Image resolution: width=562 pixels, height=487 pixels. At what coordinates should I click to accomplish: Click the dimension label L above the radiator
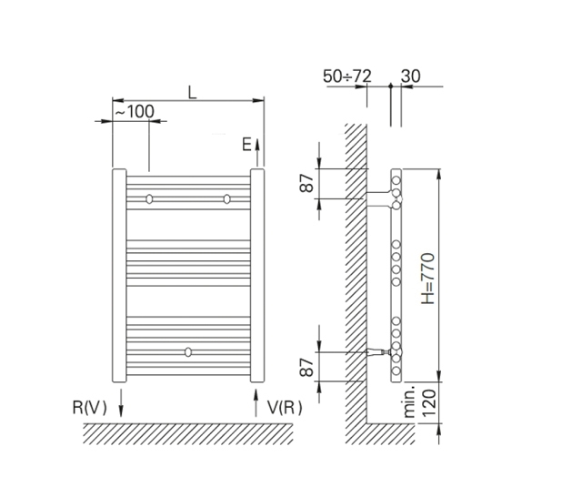click(193, 93)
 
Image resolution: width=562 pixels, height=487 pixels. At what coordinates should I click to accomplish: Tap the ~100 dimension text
click(135, 112)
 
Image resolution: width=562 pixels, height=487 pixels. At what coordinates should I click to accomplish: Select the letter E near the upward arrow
click(246, 145)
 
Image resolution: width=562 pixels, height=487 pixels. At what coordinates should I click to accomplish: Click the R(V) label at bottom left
click(90, 407)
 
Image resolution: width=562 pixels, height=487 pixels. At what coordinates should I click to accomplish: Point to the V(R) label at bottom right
click(285, 407)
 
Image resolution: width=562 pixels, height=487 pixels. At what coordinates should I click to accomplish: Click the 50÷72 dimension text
click(347, 76)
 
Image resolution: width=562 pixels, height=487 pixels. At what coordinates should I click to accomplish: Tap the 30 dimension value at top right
click(410, 76)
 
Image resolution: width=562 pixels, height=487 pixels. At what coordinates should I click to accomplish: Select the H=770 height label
click(428, 279)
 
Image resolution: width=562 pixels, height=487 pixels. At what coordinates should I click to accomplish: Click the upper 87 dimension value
click(306, 183)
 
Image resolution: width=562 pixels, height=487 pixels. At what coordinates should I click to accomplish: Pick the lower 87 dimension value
click(306, 367)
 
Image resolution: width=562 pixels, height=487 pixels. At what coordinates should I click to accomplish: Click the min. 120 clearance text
click(420, 402)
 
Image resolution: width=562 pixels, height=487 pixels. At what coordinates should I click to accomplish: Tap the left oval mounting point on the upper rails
click(149, 198)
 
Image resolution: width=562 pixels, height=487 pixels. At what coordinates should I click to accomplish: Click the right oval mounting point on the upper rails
click(226, 198)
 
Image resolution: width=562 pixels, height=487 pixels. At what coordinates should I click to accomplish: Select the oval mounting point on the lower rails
click(188, 352)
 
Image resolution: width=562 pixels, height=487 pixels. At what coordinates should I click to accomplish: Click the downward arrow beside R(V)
click(121, 403)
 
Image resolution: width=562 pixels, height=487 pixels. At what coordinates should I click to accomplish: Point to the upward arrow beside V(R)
click(256, 403)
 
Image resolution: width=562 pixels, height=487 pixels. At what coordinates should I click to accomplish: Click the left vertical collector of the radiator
click(119, 276)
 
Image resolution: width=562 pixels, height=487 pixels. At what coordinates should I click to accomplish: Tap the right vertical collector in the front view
click(257, 276)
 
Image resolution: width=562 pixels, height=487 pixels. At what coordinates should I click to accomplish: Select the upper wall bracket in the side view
click(380, 199)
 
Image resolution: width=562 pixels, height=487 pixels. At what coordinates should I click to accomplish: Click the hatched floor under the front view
click(188, 434)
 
